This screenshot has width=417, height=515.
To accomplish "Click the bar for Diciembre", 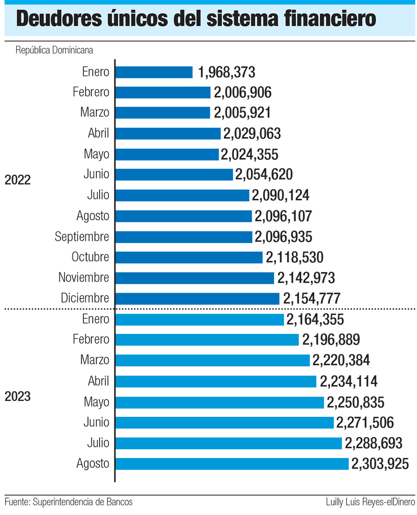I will coord(197,298).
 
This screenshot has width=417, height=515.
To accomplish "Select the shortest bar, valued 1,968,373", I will coord(154,72).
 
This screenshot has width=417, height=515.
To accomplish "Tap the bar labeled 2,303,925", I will coord(232,464).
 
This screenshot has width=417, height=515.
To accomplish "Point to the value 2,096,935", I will coord(283,237).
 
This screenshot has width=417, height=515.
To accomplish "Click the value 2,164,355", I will coord(315,319).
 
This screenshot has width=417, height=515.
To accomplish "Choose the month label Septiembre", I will coord(82,237).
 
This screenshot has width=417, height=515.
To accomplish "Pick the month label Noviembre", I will coord(84,278).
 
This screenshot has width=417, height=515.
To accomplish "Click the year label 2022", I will coord(18,180).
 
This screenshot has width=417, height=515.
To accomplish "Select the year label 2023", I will coord(18,397).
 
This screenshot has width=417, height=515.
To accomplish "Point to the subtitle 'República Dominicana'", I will coord(55,50).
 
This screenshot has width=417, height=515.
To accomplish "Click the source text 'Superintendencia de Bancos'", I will coord(83,502).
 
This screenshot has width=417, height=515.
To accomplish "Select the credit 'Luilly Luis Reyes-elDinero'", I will coord(371,502).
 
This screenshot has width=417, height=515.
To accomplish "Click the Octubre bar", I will coord(189,257).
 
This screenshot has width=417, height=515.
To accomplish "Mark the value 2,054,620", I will coord(264,175).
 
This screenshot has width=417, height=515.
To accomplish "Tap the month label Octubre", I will coord(90,257).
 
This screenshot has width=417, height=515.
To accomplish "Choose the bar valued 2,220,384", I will coord(212,360).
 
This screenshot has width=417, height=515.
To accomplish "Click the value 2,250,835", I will coord(355,402).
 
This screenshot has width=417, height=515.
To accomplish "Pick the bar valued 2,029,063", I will coord(168,134).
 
